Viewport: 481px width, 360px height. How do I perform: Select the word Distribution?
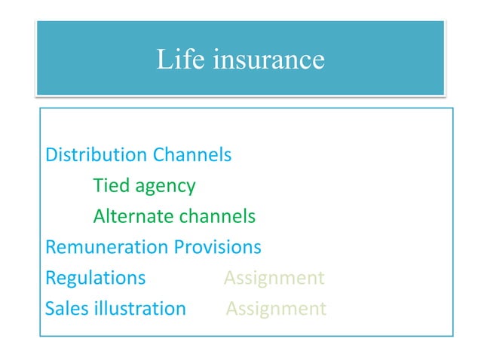(x=97, y=156)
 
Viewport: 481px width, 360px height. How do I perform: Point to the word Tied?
(x=110, y=186)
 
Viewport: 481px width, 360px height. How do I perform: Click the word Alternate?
(x=133, y=217)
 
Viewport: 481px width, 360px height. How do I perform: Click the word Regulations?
(x=95, y=279)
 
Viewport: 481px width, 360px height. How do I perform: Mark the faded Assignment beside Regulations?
(x=274, y=279)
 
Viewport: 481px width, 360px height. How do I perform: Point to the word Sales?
(x=66, y=309)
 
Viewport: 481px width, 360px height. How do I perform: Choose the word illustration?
(x=139, y=309)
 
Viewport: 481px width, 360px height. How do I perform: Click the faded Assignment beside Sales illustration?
(x=276, y=309)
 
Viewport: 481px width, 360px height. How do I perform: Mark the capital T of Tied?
(x=98, y=186)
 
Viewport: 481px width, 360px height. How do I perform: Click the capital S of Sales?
(x=50, y=309)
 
